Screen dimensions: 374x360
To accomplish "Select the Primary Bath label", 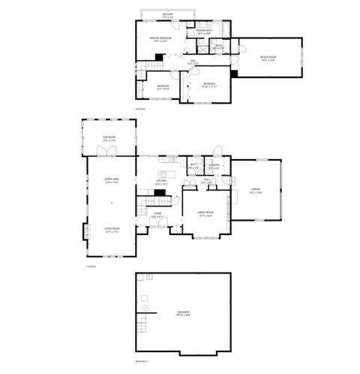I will point(203,32).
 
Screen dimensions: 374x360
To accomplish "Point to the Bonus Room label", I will point(268,59).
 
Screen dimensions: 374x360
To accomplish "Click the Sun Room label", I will point(109,139).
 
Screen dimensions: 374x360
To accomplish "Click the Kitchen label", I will point(160,182).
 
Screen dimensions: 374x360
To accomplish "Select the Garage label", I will point(256,192).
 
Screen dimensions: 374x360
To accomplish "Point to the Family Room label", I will point(205,213).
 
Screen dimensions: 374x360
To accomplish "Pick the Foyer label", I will point(157,216).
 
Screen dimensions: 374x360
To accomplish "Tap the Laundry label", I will point(214,166).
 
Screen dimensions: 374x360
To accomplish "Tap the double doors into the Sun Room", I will point(111,152).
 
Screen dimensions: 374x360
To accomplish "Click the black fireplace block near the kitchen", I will point(158,192).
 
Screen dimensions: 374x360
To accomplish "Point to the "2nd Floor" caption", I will point(139,109).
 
